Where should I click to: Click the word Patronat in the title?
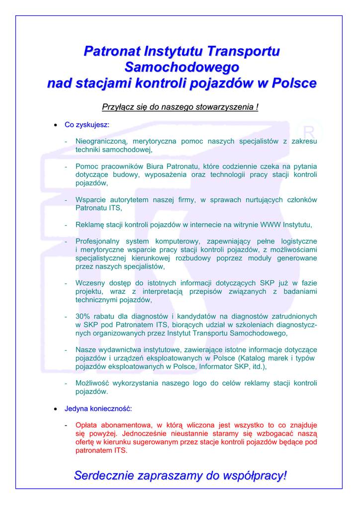[111, 51]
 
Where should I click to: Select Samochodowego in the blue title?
[181, 67]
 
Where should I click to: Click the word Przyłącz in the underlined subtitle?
[118, 107]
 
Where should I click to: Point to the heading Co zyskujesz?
[87, 124]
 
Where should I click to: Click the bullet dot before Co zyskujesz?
[56, 125]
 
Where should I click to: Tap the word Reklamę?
[91, 225]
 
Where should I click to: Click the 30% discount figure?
[83, 316]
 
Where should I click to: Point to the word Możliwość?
[94, 383]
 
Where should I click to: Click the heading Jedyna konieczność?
[98, 409]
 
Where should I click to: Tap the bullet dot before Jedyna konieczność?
[56, 409]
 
